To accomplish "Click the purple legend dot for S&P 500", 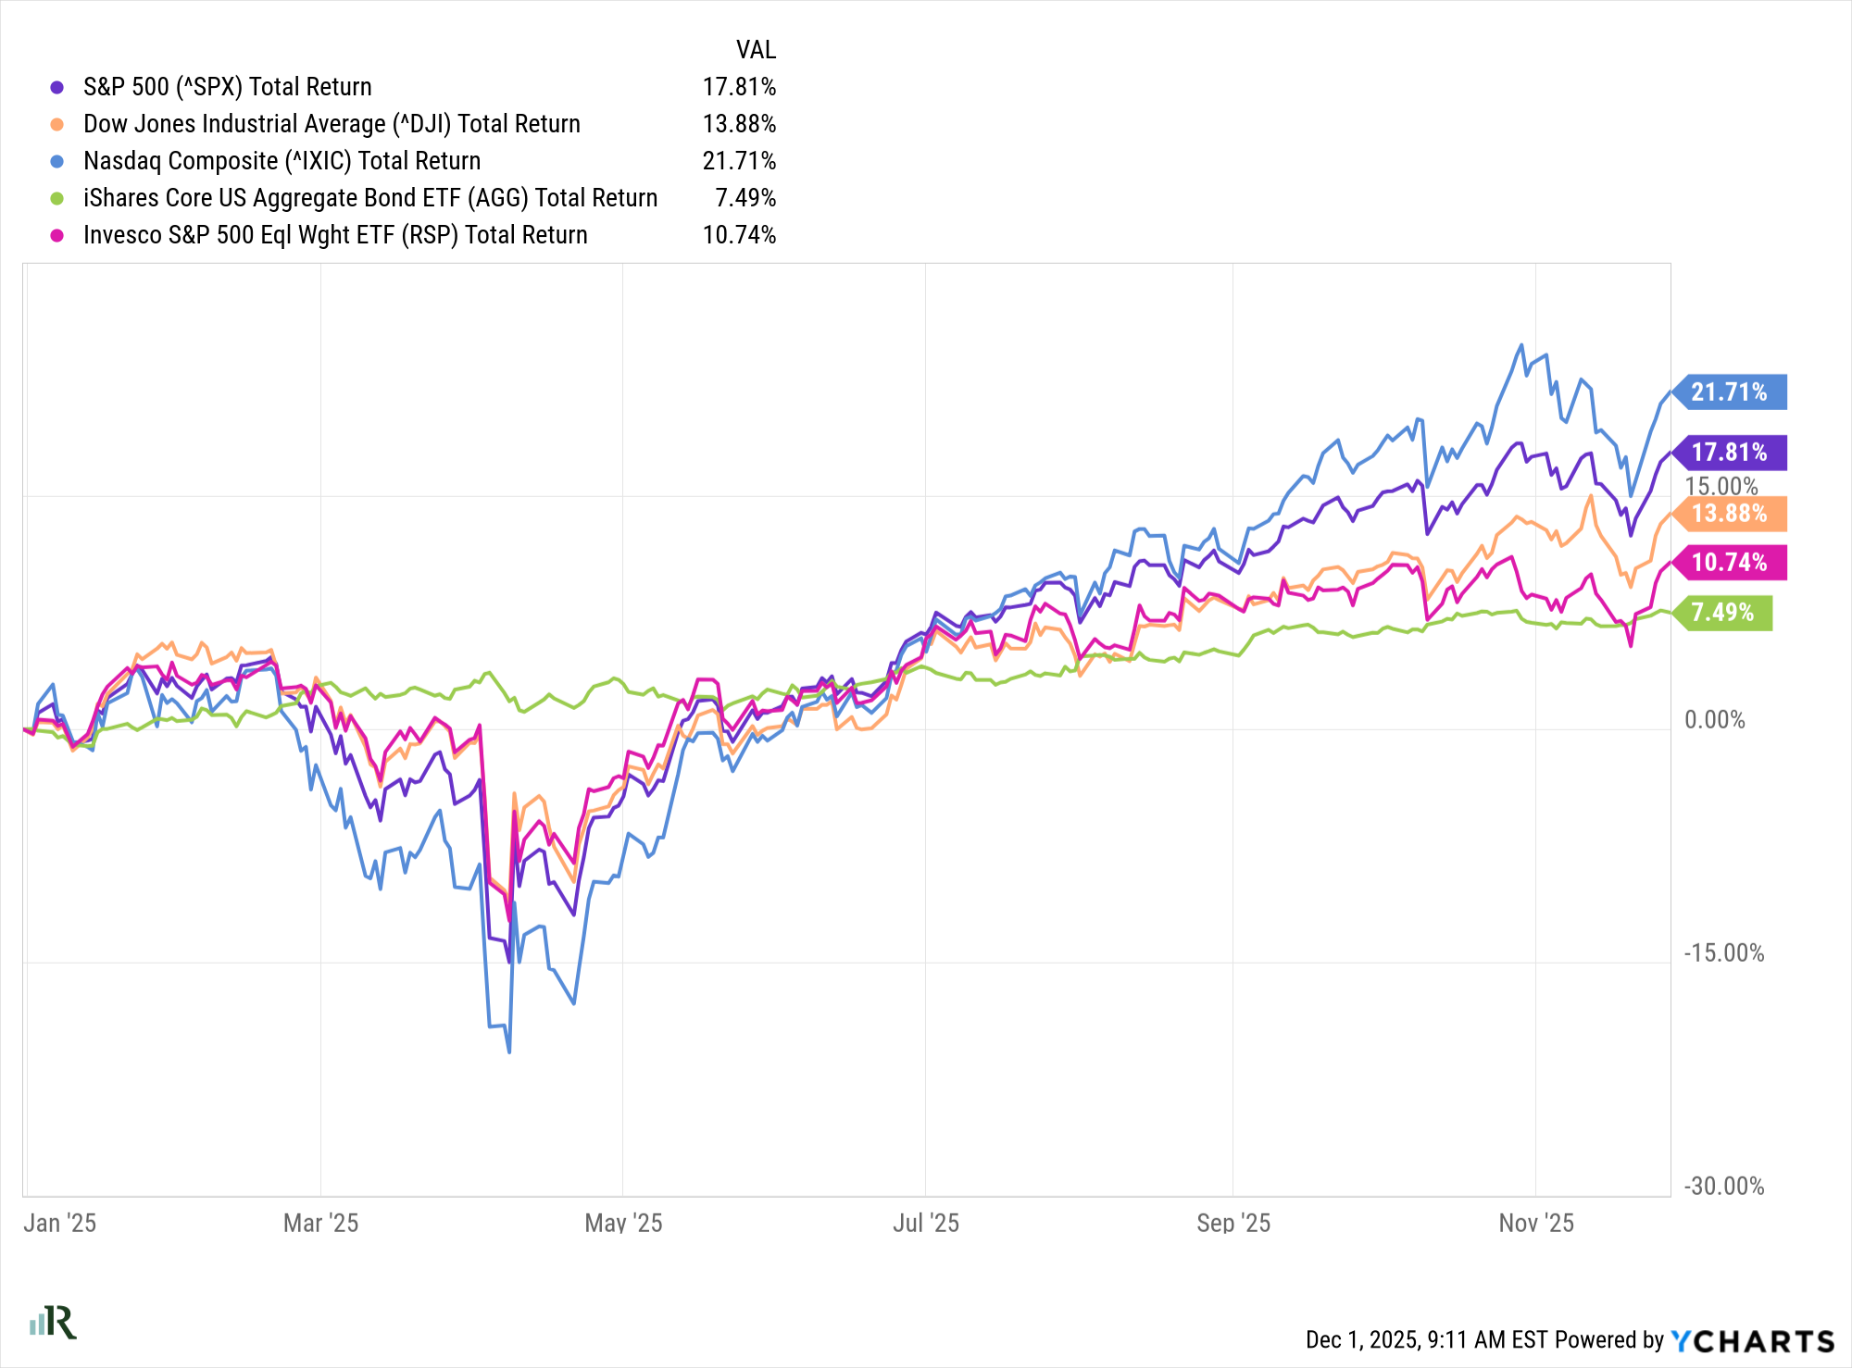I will point(57,87).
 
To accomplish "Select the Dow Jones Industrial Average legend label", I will point(332,124).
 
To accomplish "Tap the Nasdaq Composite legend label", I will point(282,161).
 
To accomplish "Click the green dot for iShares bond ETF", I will point(57,198).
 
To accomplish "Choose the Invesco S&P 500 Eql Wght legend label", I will point(335,235).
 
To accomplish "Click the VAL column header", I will point(756,50).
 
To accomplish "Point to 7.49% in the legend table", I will point(745,198).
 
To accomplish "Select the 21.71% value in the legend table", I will point(739,161).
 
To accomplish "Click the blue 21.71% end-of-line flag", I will point(1729,392).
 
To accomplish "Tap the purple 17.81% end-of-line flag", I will point(1729,453).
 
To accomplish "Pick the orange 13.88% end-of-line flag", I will point(1729,514).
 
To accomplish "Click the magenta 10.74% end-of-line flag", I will point(1729,563).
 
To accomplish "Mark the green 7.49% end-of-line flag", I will point(1722,613).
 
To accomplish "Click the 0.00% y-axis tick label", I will point(1715,720).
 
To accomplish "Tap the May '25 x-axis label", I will point(623,1224).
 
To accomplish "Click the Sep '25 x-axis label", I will point(1233,1224).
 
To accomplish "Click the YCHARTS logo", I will point(1752,1341).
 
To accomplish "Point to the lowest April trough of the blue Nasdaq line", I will point(509,1051).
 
